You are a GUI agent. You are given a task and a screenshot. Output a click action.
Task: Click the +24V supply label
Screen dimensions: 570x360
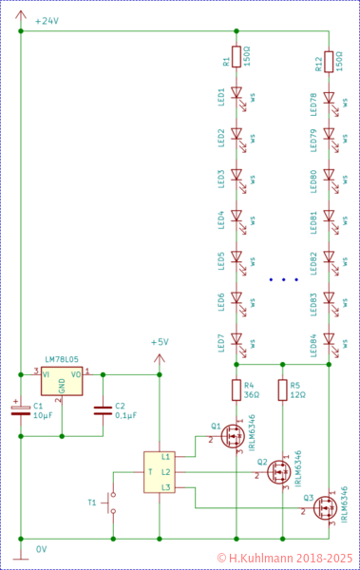tap(47, 21)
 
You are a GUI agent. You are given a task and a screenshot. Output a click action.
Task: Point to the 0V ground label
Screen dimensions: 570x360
tap(42, 549)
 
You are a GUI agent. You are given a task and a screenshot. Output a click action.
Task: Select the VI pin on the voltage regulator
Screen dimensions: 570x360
tap(47, 374)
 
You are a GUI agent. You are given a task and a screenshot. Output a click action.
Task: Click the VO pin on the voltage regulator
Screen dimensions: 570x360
tap(76, 374)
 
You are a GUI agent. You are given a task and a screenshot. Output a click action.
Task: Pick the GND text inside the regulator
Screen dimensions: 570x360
tap(62, 385)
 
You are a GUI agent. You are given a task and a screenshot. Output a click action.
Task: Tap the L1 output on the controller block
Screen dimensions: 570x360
tap(166, 457)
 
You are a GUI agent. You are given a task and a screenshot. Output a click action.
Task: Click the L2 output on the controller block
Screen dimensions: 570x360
tap(166, 472)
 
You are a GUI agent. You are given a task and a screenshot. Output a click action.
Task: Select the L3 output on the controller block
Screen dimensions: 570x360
tap(166, 487)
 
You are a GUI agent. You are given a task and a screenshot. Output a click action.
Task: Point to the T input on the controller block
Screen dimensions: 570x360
tap(149, 472)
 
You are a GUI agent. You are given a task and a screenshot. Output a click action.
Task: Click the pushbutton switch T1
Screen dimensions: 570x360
tap(111, 503)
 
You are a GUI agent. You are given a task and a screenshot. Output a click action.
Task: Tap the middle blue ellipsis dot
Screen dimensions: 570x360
tap(284, 280)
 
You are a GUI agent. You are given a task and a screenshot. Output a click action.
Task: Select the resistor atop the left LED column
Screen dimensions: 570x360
tap(237, 57)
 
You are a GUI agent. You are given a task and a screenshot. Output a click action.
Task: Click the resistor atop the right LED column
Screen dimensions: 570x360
tap(329, 62)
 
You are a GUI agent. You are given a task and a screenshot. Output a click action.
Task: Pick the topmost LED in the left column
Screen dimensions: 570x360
tap(237, 95)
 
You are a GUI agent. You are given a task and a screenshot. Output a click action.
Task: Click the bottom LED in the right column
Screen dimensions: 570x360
tap(329, 339)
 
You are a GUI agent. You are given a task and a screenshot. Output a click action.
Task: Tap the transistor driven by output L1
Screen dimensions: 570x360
tap(232, 436)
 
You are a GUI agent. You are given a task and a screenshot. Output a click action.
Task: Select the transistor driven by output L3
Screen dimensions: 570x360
tap(325, 508)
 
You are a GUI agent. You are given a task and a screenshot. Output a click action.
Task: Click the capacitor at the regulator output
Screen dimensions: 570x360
tap(103, 410)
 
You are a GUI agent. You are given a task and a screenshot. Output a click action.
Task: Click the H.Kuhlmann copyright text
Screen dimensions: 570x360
tap(285, 559)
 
